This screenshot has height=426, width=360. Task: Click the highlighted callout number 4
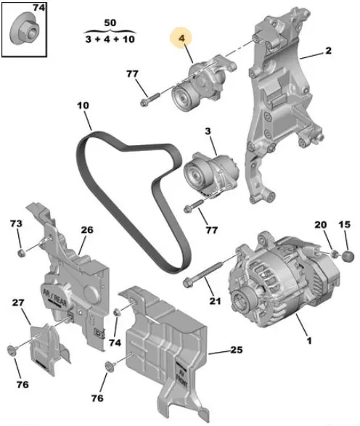pos(181,38)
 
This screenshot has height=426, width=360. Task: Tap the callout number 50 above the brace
pos(110,22)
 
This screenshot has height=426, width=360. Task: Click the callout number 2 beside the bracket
pos(329,51)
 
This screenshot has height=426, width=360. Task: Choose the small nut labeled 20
pos(334,254)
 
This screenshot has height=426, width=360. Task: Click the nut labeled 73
pos(22,253)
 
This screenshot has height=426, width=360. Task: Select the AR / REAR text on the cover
pos(54,297)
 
